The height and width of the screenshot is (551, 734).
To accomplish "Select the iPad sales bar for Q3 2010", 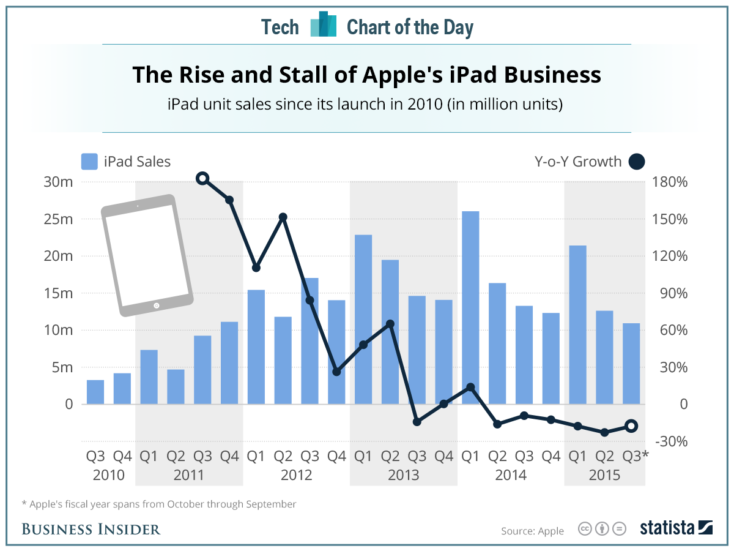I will [x=95, y=392].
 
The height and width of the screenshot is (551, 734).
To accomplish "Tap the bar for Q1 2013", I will [x=363, y=319].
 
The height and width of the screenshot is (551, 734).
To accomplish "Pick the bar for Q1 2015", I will [x=577, y=324].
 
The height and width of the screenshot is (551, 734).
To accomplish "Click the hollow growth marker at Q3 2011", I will [x=203, y=179].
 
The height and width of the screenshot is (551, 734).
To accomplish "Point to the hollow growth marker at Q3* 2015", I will [x=631, y=426].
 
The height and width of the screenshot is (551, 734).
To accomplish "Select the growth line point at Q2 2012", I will [x=283, y=217].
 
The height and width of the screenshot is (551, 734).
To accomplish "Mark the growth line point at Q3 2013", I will [x=417, y=422].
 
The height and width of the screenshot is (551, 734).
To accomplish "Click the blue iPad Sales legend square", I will [x=89, y=162].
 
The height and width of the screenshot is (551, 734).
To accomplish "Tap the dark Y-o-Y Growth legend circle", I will [x=637, y=162].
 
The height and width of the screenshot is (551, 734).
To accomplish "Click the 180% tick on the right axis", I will [x=672, y=182].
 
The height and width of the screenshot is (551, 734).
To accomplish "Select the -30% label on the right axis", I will [x=672, y=441].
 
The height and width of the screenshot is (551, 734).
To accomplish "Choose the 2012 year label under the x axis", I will [x=297, y=475].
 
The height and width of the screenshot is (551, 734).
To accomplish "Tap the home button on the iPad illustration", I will [x=157, y=305].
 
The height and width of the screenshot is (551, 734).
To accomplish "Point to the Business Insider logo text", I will [x=91, y=529].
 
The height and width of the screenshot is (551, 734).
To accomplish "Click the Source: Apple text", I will [x=532, y=531].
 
